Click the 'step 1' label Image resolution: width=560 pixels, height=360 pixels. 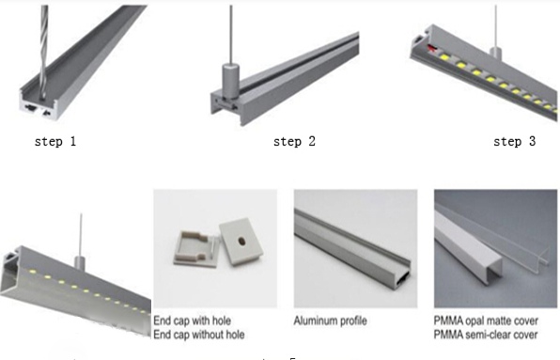coord(55,141)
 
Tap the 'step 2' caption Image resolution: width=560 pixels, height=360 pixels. coord(295,141)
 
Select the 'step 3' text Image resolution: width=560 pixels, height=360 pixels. coord(515,141)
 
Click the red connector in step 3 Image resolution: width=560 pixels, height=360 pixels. coord(432,48)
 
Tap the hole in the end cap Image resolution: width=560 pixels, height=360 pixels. coord(241,242)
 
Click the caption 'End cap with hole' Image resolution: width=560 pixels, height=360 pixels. coord(192,321)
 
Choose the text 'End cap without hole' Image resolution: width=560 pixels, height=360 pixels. coord(199,335)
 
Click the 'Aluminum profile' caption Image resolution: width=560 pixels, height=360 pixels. coord(331,321)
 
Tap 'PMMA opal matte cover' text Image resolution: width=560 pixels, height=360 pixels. coord(486,321)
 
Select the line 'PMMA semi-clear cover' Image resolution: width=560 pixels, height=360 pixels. coord(486,335)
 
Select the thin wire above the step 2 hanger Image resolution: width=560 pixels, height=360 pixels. coord(231,34)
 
